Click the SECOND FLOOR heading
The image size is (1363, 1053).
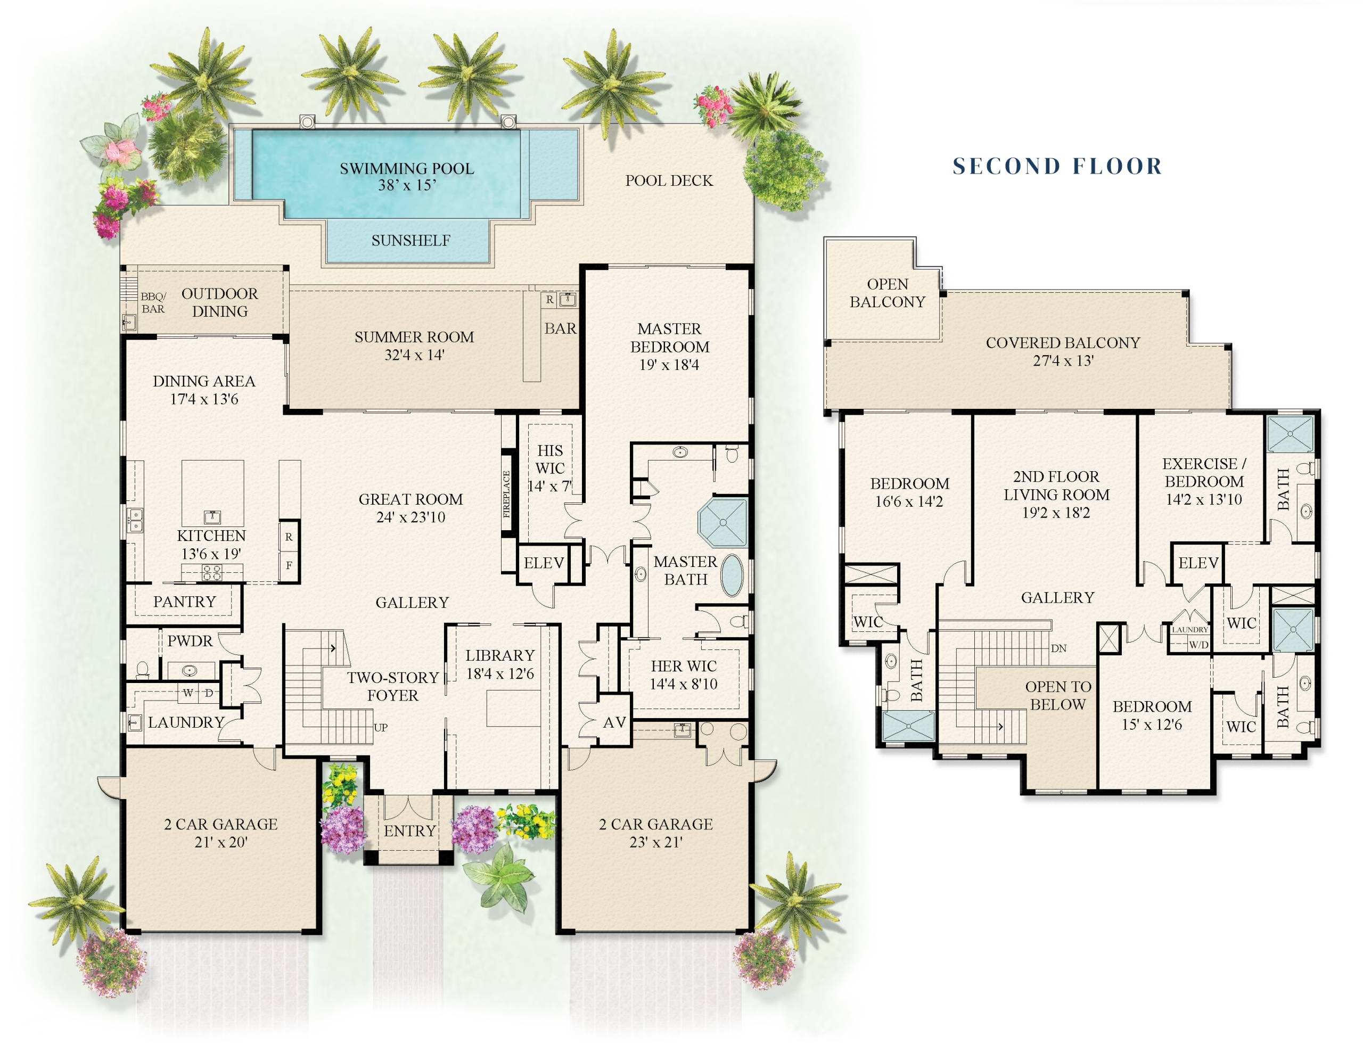[1057, 166]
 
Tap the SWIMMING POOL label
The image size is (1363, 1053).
[407, 169]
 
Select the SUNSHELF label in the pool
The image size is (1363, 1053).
[410, 240]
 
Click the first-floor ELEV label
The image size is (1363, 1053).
[544, 563]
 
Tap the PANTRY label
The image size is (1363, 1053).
[185, 602]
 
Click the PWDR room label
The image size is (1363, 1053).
[190, 641]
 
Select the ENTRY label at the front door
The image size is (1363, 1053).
[409, 831]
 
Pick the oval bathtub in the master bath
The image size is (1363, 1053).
[733, 575]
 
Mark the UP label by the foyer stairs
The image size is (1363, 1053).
[381, 727]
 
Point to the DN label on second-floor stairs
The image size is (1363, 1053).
[1058, 648]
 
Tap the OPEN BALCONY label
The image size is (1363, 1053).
[888, 293]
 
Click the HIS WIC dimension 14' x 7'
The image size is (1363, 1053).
[549, 486]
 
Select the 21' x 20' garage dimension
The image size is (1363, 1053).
[221, 842]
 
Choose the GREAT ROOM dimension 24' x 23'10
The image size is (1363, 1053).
[410, 517]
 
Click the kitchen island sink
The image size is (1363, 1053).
[212, 516]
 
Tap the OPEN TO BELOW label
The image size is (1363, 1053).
[1058, 695]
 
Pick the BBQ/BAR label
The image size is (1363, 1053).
[153, 303]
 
